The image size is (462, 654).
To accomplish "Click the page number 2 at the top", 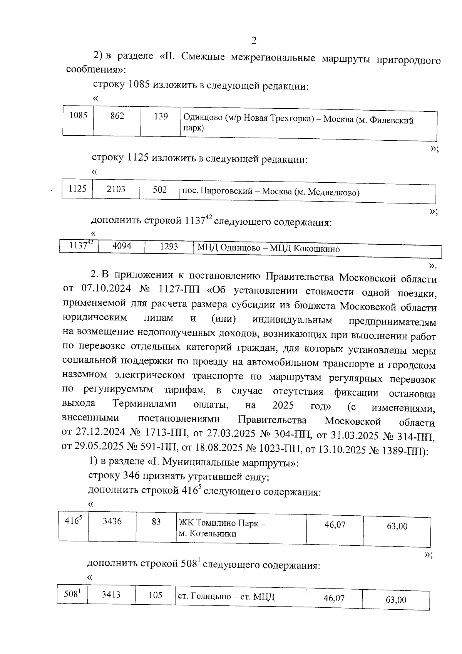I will [x=253, y=40].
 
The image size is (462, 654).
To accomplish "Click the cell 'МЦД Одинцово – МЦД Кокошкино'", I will [x=268, y=249].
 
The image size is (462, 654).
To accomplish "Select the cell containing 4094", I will [x=122, y=246].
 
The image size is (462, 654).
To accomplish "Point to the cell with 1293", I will [x=169, y=247].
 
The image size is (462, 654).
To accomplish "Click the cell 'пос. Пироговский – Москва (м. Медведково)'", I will [x=271, y=192].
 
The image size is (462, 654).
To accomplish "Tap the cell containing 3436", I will [x=112, y=521].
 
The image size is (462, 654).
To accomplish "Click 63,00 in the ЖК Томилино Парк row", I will [x=397, y=526].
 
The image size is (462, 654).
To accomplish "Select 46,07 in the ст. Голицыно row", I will [x=334, y=598].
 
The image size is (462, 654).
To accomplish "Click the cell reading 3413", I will [x=111, y=595].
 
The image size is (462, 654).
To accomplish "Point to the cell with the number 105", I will [x=156, y=595].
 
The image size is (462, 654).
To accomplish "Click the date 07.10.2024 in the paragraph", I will [x=106, y=288].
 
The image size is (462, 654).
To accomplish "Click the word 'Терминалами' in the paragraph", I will [x=144, y=404].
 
